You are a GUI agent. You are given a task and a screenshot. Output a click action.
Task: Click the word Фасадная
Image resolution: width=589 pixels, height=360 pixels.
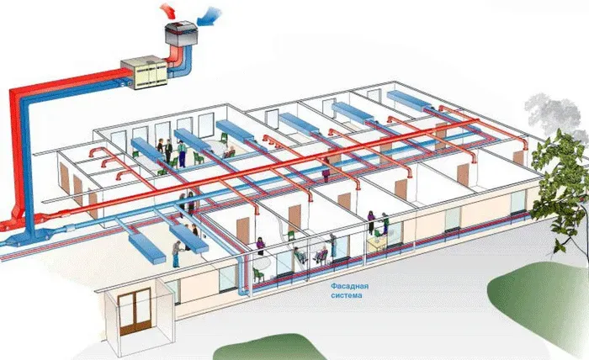point(348,286)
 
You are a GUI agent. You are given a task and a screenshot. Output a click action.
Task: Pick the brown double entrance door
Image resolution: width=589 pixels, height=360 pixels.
point(135,312)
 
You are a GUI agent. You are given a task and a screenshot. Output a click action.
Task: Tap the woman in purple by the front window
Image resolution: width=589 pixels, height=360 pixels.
point(261,246)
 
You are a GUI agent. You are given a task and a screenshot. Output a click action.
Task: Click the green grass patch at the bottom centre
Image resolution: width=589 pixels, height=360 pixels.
point(278,349)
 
